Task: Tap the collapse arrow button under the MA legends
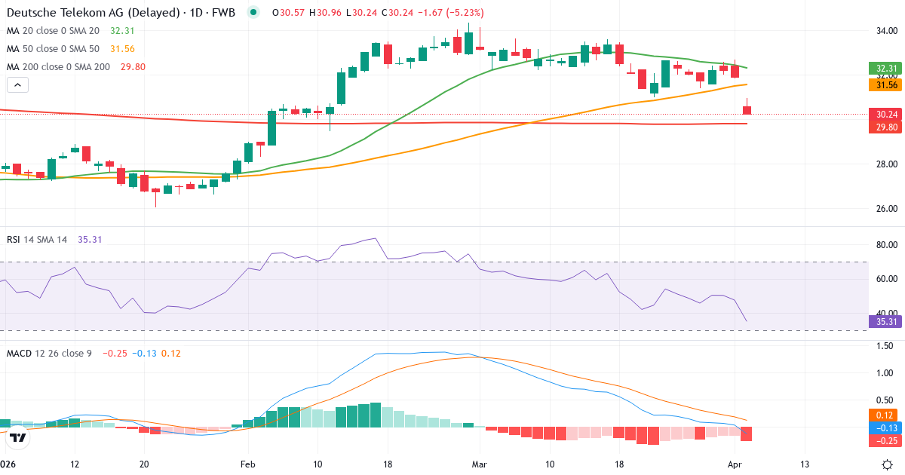pyautogui.click(x=17, y=85)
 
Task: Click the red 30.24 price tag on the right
pyautogui.click(x=886, y=115)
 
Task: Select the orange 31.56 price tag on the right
pyautogui.click(x=886, y=86)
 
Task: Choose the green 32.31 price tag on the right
pyautogui.click(x=886, y=69)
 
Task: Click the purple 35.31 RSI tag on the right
pyautogui.click(x=886, y=322)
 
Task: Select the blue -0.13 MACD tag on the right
pyautogui.click(x=886, y=427)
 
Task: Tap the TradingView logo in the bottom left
pyautogui.click(x=18, y=437)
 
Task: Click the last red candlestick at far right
pyautogui.click(x=747, y=110)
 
